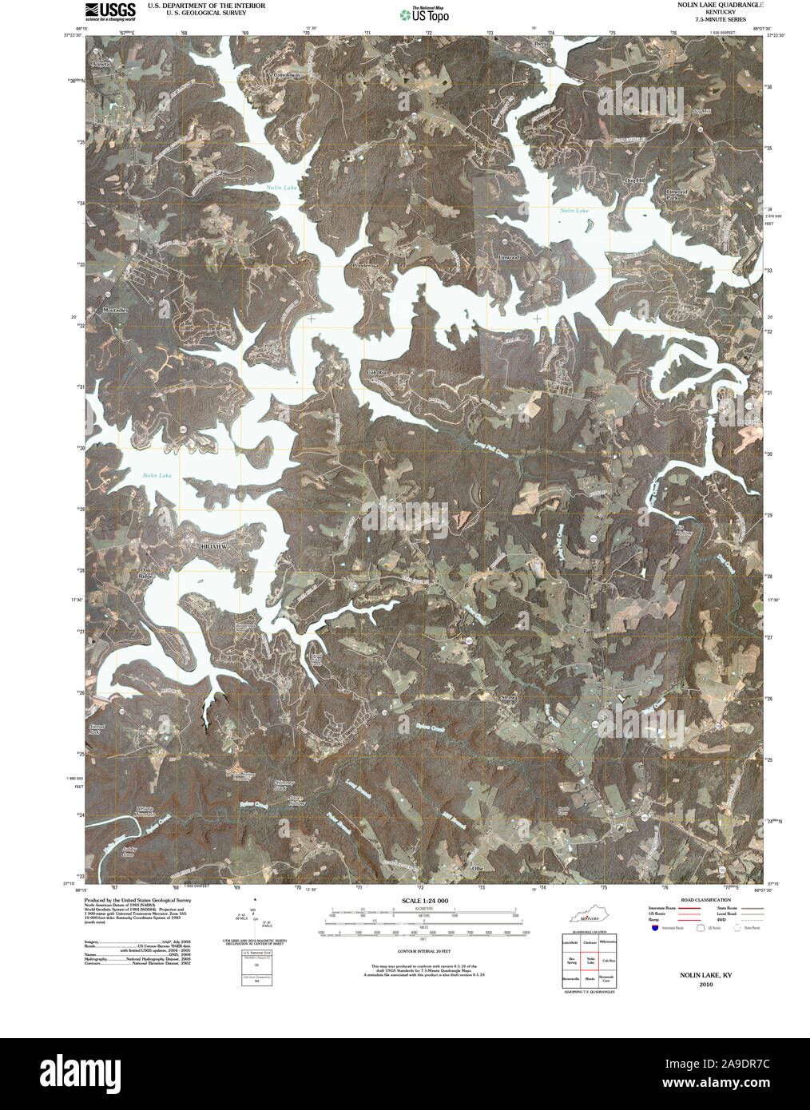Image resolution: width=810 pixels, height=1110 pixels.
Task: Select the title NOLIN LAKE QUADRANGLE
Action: [717, 6]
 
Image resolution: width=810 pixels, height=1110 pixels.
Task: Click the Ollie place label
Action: [478, 867]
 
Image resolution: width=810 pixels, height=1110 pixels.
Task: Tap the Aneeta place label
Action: [102, 62]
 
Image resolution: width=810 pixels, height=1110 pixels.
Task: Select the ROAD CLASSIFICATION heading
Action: [692, 900]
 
